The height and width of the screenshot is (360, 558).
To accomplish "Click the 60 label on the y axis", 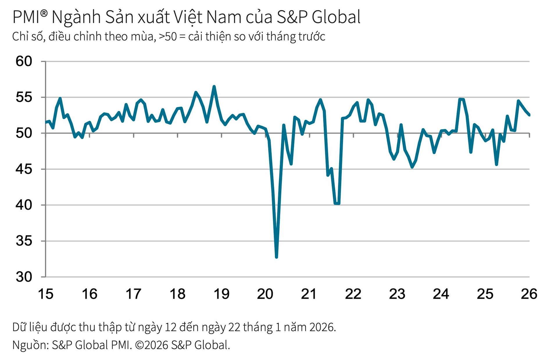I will tap(24, 61).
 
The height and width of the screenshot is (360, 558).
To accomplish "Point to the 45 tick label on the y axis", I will tap(24, 169).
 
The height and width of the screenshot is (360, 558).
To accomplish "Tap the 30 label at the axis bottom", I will tap(24, 277).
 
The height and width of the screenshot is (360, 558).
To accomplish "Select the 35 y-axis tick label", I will tap(24, 241).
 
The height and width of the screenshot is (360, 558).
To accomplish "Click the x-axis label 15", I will tap(46, 294).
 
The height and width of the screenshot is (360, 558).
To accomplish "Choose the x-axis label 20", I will tap(265, 294).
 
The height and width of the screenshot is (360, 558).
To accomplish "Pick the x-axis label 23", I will tap(397, 294).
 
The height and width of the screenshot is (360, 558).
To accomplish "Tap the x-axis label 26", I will tap(529, 294).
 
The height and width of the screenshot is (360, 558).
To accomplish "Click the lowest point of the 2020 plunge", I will tap(276, 257).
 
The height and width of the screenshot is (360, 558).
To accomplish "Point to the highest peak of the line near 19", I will tap(214, 87).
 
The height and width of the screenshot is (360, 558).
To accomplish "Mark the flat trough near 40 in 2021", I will tap(337, 204).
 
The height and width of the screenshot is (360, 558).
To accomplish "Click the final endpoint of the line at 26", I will tap(529, 115).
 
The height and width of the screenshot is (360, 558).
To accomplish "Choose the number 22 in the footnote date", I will tap(234, 327).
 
